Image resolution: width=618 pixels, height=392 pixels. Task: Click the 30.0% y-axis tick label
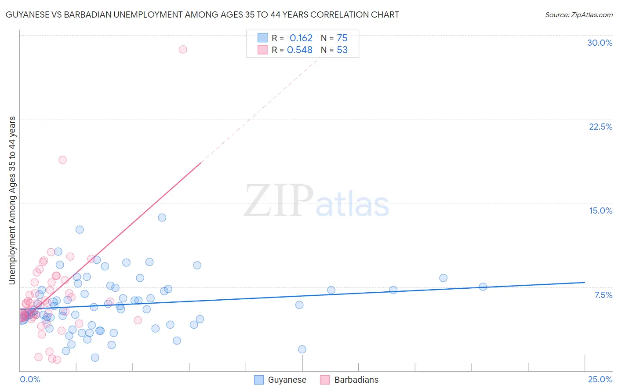pyautogui.click(x=600, y=43)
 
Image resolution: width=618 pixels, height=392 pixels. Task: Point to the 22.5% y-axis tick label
pyautogui.click(x=600, y=127)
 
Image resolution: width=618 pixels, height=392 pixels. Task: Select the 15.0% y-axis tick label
pyautogui.click(x=600, y=211)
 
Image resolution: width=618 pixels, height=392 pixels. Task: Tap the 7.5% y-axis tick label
pyautogui.click(x=603, y=295)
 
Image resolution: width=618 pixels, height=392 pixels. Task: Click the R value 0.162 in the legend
pyautogui.click(x=301, y=38)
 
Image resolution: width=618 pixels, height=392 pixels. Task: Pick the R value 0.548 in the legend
pyautogui.click(x=300, y=50)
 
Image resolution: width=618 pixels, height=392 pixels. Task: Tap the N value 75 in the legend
pyautogui.click(x=342, y=38)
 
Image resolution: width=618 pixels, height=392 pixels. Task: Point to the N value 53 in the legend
pyautogui.click(x=342, y=50)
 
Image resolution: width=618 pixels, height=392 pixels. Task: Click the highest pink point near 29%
pyautogui.click(x=183, y=49)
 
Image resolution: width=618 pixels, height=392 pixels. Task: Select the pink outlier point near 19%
pyautogui.click(x=62, y=160)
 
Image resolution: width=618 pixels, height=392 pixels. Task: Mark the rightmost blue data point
pyautogui.click(x=483, y=287)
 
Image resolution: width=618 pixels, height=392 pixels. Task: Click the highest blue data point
pyautogui.click(x=162, y=218)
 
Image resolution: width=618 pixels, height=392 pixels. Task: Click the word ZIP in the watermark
pyautogui.click(x=279, y=200)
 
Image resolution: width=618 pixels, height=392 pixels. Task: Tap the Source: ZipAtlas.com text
pyautogui.click(x=578, y=15)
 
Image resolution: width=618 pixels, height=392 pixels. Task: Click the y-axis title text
pyautogui.click(x=12, y=200)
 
